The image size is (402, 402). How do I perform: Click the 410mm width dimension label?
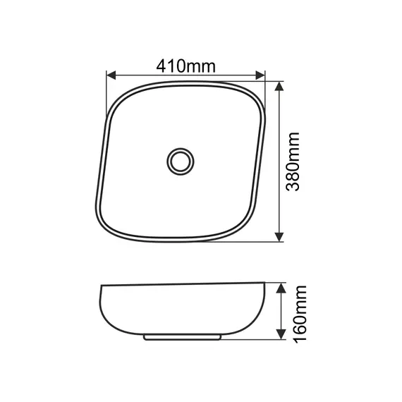186,66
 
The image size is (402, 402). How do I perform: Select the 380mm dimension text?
293,162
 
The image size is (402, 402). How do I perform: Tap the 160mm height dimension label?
300,314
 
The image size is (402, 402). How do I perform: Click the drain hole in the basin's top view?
181,162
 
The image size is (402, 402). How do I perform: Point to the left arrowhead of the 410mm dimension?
111,75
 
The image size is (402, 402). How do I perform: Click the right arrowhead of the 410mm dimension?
260,75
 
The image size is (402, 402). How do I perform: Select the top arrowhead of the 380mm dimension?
279,87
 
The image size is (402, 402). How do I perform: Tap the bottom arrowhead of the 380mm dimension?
279,237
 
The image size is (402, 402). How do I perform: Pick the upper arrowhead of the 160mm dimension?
281,288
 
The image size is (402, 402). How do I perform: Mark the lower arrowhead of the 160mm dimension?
281,334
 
